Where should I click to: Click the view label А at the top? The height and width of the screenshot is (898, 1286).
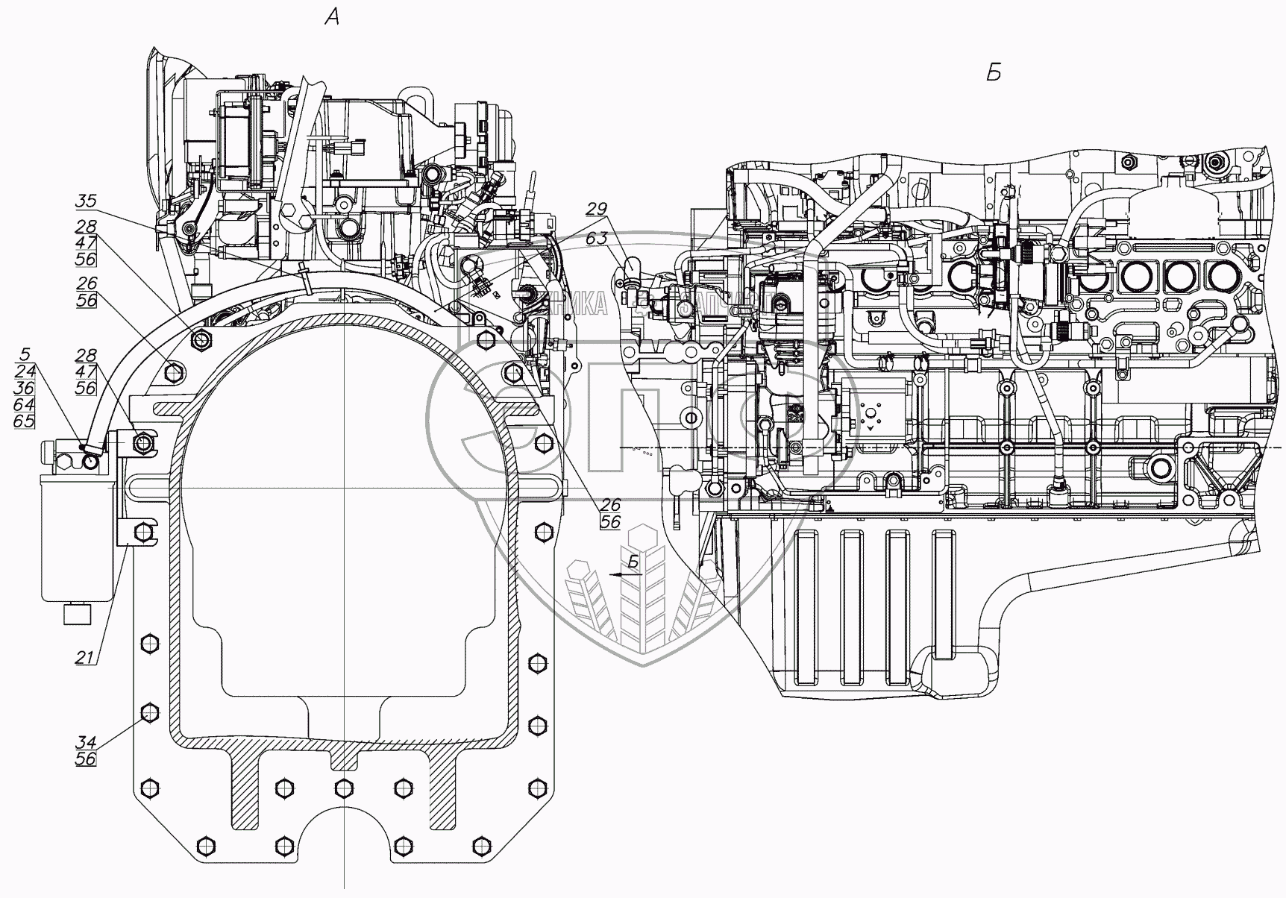coord(333,16)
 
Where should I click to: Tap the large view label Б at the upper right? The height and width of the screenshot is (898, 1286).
coord(993,73)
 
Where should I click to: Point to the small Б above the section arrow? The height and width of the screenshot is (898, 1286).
coord(633,562)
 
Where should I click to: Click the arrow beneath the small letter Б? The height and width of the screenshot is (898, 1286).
coord(624,575)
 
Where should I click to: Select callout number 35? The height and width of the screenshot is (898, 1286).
coord(86,201)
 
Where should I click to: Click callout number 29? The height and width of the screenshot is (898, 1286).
coord(596,209)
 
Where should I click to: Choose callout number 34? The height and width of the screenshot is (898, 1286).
coord(86,742)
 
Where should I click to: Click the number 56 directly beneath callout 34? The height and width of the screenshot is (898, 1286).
coord(86,759)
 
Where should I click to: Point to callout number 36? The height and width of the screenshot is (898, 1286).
coord(25,389)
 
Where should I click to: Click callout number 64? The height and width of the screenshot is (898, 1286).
coord(25,405)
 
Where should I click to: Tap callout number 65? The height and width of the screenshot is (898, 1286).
coord(25,421)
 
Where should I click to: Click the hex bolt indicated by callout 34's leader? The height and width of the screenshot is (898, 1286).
coord(149,712)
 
